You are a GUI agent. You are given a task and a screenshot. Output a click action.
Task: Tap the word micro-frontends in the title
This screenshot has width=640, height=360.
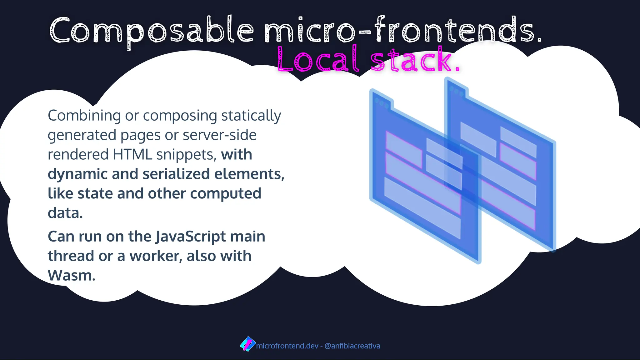pos(403,31)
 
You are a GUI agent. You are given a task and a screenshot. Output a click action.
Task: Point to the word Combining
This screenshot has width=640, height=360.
pos(84,116)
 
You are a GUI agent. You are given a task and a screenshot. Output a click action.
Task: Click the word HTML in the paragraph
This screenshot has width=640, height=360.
pos(132,154)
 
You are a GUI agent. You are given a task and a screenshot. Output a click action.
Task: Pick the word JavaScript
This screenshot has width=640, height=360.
pos(191,237)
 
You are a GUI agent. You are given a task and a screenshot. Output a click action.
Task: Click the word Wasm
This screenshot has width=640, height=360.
pos(71,276)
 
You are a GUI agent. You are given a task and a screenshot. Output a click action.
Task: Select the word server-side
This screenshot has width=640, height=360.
pos(219,135)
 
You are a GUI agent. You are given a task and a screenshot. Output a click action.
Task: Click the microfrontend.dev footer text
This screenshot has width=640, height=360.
pos(287,346)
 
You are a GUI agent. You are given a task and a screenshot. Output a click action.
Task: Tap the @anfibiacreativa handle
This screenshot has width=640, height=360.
pos(352,346)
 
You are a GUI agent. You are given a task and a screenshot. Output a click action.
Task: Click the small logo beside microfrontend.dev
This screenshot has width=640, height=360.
pos(247,344)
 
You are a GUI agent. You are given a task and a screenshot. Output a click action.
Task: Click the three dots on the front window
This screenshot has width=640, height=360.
pos(382,103)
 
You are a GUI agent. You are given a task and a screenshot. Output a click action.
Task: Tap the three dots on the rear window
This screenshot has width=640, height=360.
pos(457,91)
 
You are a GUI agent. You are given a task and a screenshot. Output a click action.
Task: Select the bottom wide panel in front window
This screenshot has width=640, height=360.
pos(422,207)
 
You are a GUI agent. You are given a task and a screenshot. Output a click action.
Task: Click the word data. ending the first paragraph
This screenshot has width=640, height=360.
pos(65,213)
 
